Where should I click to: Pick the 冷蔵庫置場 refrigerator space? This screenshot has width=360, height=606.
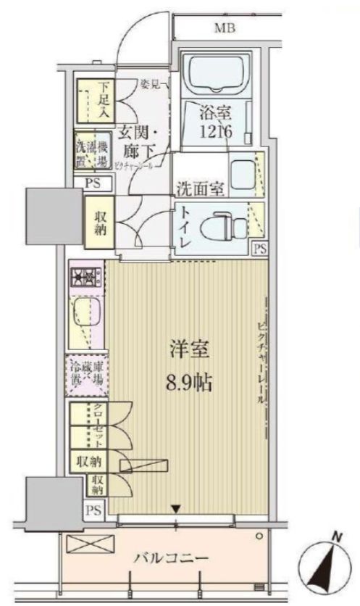tap(88, 373)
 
